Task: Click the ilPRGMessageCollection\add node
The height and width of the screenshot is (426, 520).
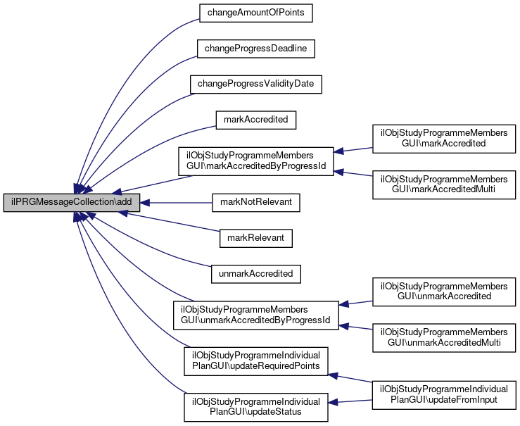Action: point(72,203)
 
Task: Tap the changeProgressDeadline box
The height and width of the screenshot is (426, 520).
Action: point(255,49)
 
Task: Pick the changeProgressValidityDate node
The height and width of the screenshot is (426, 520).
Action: point(255,84)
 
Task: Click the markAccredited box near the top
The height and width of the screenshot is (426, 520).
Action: point(255,120)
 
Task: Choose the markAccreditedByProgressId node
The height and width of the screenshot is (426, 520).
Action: point(255,161)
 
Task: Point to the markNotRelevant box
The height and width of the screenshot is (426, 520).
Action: point(255,203)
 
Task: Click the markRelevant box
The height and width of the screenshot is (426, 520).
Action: point(255,238)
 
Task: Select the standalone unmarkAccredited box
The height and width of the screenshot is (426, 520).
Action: point(255,272)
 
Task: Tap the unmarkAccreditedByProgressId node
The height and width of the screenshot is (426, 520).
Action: point(255,315)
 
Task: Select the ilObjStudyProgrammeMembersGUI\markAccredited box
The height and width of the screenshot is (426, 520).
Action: point(444,138)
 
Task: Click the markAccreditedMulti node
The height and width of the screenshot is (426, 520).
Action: point(444,184)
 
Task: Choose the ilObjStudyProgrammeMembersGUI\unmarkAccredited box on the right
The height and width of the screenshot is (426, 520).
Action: point(444,292)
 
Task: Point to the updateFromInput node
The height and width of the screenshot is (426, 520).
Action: point(444,394)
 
